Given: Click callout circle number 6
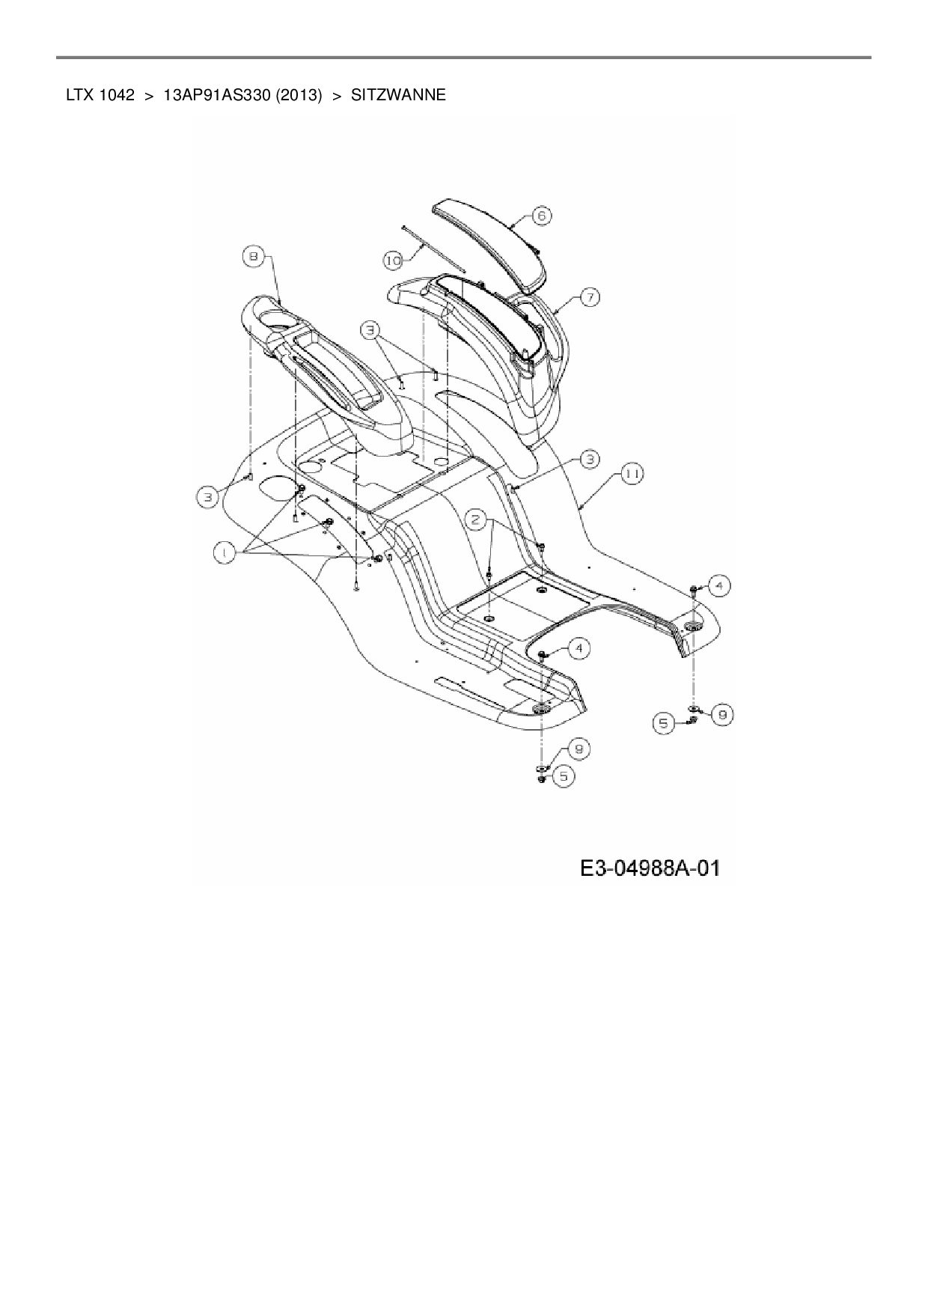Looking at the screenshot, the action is pos(542,216).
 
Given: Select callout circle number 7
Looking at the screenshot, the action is pos(589,297).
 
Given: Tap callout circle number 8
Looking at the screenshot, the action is pos(252,257).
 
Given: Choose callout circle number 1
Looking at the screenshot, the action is pos(223,552).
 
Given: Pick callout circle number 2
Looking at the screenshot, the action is pos(477,518).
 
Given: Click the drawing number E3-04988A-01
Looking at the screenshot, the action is pos(650,868).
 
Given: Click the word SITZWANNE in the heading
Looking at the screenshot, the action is pos(398,95).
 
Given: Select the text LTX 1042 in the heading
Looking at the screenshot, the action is pos(100,95).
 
